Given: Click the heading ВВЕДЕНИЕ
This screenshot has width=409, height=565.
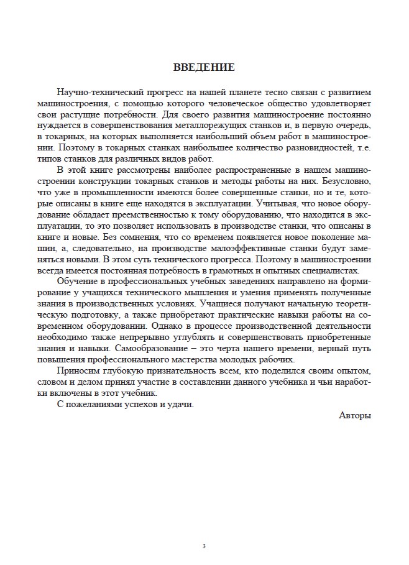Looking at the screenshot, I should click(204, 67).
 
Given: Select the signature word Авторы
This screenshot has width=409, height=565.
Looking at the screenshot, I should click(356, 415).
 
